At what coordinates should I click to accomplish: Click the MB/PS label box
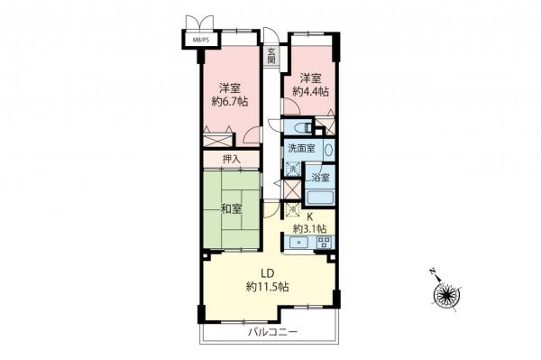pos(197,39)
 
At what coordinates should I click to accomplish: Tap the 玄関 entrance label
pos(270,57)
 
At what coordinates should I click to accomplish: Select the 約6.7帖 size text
pos(228,102)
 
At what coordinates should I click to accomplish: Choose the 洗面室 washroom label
pos(302,148)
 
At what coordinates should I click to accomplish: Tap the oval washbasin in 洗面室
pos(328,151)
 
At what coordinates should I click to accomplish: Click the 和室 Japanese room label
pos(230,210)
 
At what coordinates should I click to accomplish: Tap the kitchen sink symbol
pos(300,243)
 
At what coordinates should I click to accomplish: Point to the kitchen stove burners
pos(325,243)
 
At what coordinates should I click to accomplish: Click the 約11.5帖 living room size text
pos(267,287)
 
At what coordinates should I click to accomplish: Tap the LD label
pos(267,273)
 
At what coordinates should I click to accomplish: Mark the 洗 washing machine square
pos(291,168)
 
